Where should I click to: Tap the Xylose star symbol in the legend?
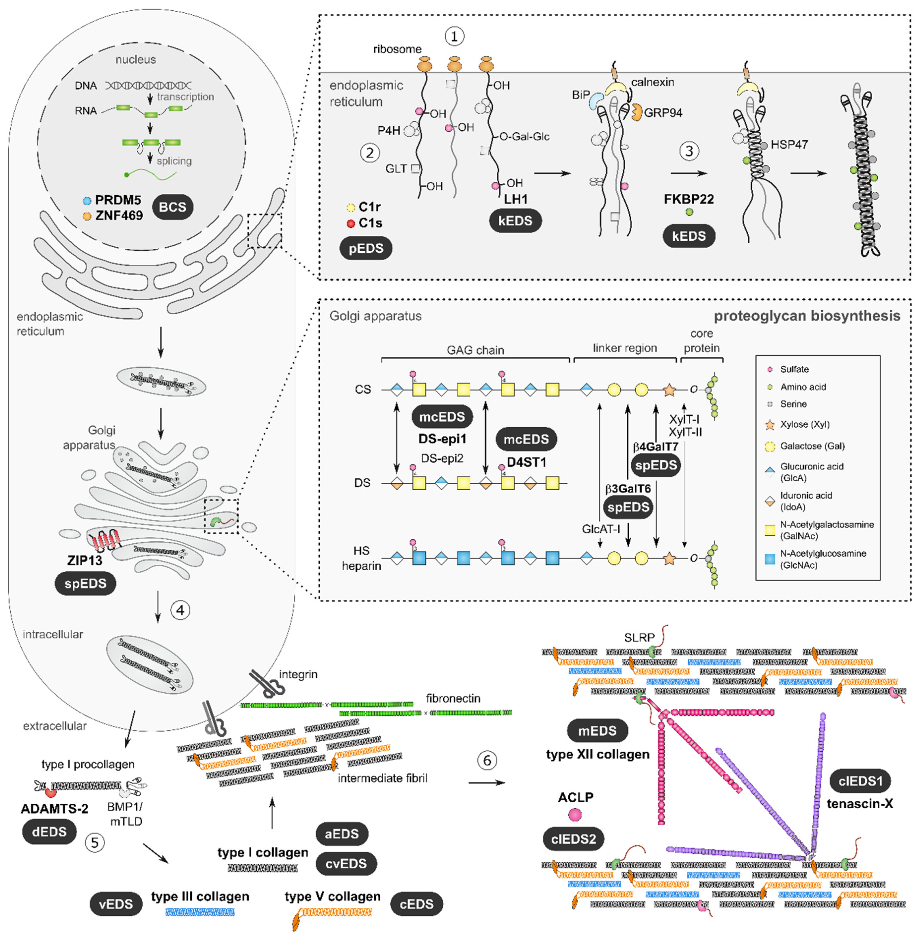[769, 425]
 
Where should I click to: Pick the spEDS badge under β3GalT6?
[628, 507]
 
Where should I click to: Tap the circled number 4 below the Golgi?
[180, 610]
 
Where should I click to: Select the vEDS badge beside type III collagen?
[116, 904]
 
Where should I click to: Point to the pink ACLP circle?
[575, 815]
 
